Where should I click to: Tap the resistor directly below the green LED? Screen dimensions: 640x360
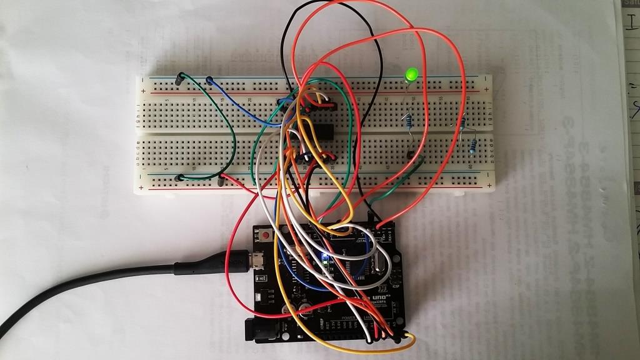pyautogui.click(x=409, y=120)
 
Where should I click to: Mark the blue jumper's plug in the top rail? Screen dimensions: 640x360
pyautogui.click(x=209, y=80)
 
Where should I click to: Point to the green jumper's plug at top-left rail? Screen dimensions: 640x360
pyautogui.click(x=180, y=77)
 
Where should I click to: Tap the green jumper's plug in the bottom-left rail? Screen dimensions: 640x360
pyautogui.click(x=180, y=177)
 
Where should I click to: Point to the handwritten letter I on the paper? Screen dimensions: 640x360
pyautogui.click(x=632, y=23)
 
